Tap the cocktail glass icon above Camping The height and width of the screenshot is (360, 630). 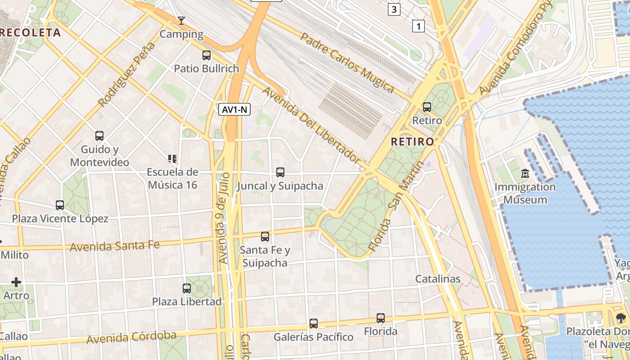pos(181,20)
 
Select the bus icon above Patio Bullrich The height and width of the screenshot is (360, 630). pos(207,55)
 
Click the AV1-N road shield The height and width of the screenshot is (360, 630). pos(234,109)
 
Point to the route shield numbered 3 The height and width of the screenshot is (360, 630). pos(394,9)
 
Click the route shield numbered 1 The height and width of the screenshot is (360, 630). pos(418,27)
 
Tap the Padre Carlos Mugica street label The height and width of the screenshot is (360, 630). pos(347,63)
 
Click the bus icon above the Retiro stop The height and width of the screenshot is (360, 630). pos(427,107)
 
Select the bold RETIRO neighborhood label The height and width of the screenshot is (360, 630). pos(413,142)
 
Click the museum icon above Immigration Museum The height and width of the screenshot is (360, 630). pos(525,173)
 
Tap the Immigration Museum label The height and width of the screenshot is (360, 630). pos(525,193)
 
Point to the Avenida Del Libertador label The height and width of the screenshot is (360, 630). pos(311,125)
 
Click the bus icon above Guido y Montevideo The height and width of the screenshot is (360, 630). pos(99,135)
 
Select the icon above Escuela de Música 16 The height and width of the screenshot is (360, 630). pos(172,158)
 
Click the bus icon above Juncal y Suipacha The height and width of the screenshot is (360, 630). pos(280,172)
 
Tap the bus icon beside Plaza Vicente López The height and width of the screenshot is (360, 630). pos(60,205)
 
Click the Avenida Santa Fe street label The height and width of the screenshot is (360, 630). pos(115,246)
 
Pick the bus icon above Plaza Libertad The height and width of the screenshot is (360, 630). pos(187,288)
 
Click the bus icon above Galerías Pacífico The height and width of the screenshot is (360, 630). pos(314,323)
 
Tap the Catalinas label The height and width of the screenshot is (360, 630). pos(438,279)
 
